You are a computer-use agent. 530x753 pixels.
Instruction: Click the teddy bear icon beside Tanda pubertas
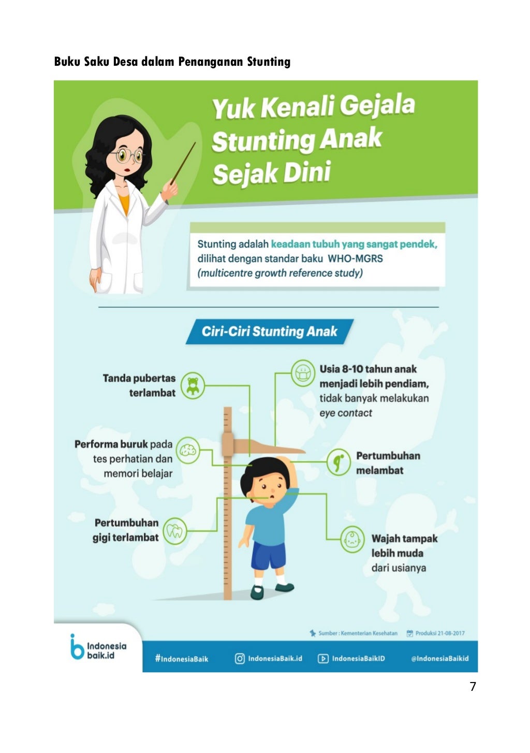[x=193, y=386]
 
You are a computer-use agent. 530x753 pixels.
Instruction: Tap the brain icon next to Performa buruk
[x=188, y=450]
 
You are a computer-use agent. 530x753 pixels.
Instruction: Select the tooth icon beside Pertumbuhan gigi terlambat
[x=175, y=531]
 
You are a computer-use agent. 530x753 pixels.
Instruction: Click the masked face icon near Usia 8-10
[x=303, y=373]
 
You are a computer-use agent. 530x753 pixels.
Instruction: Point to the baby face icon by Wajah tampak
[x=353, y=540]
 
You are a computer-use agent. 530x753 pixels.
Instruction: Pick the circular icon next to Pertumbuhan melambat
[x=339, y=462]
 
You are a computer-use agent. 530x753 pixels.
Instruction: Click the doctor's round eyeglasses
[x=129, y=155]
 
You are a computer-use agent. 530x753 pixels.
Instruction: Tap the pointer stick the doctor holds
[x=184, y=163]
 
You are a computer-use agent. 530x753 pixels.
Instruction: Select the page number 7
[x=473, y=687]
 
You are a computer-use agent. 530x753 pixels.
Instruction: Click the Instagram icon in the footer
[x=240, y=659]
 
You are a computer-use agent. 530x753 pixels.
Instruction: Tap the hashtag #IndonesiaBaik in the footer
[x=181, y=659]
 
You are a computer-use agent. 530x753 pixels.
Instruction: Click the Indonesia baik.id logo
[x=98, y=647]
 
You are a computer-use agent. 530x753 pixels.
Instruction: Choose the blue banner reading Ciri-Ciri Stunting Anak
[x=269, y=331]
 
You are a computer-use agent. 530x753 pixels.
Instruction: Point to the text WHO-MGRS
[x=355, y=258]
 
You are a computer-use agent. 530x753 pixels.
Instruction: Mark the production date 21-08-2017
[x=440, y=633]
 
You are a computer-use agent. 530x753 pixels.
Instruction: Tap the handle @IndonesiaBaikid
[x=439, y=659]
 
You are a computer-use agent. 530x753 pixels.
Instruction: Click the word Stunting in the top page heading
[x=268, y=62]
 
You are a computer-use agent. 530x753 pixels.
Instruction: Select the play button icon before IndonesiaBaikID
[x=323, y=659]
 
